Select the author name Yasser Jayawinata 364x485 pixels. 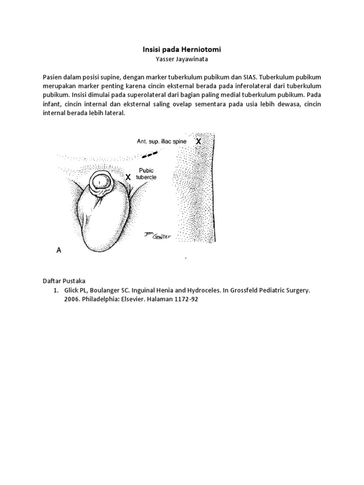[182, 60]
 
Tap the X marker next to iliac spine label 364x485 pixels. [198, 141]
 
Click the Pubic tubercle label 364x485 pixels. [146, 174]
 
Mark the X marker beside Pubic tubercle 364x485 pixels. [127, 176]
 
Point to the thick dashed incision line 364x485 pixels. [150, 154]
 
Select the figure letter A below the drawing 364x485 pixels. [59, 251]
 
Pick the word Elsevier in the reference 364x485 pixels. [142, 300]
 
